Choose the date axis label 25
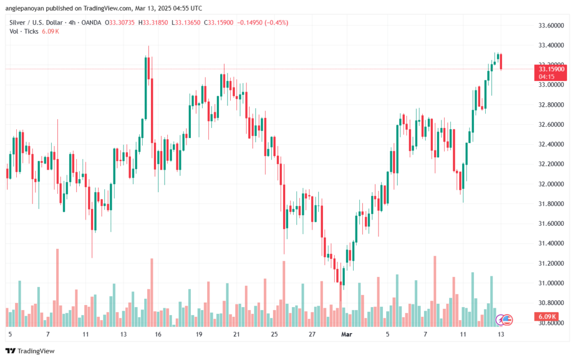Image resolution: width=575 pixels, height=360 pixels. click(274, 334)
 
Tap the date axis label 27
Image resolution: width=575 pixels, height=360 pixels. click(312, 334)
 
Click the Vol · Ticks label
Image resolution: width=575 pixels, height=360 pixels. click(23, 31)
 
